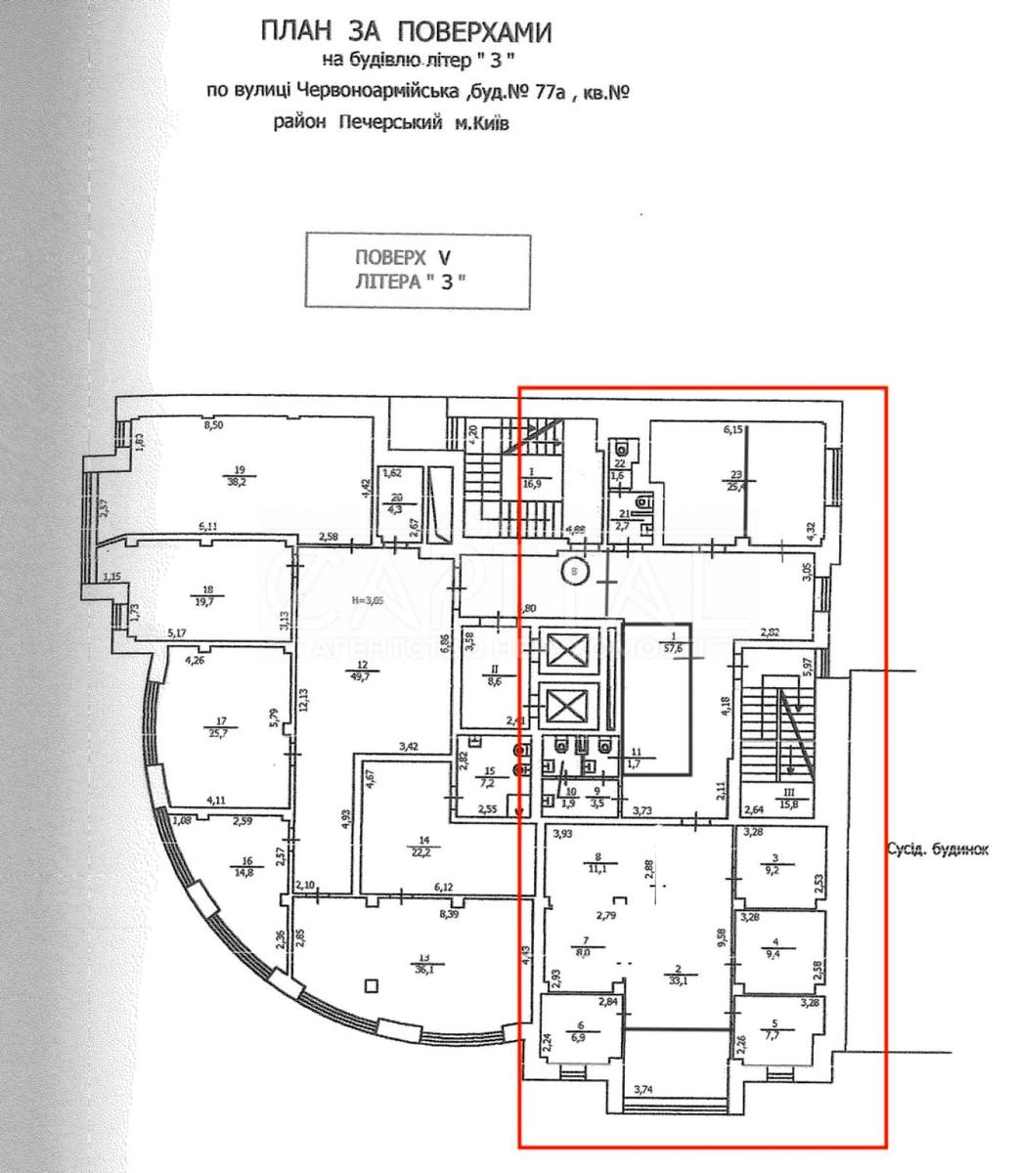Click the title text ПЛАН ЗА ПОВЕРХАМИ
[x=405, y=32]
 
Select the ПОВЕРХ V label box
[x=418, y=271]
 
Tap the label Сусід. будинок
[x=937, y=849]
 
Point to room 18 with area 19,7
[x=206, y=595]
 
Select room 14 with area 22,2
[x=423, y=846]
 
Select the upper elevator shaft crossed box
[x=565, y=649]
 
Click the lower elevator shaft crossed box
[x=565, y=705]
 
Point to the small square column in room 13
[x=370, y=984]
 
